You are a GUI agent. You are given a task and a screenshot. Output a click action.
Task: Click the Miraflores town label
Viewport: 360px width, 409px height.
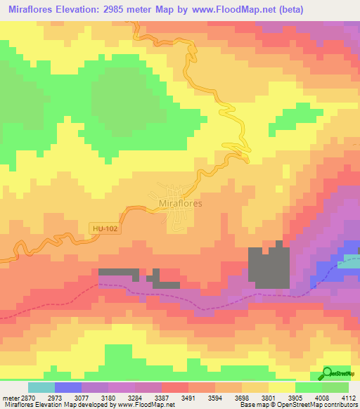181,203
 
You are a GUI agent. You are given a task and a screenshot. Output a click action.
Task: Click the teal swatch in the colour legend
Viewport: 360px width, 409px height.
41,387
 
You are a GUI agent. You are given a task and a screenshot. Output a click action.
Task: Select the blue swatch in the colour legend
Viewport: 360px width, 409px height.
67,387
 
